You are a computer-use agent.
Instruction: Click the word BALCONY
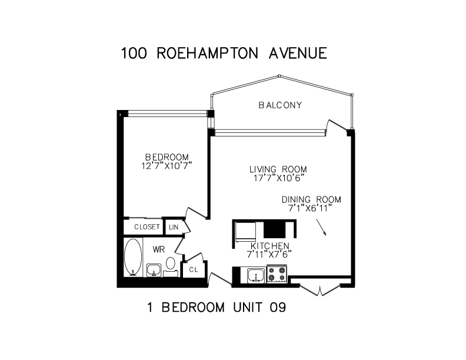click(280, 105)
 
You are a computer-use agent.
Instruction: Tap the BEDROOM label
click(167, 157)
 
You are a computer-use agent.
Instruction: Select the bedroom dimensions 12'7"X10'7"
click(167, 165)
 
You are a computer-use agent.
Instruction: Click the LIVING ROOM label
click(278, 169)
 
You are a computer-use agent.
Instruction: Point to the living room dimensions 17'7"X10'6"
click(278, 178)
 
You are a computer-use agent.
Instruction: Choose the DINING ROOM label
click(311, 199)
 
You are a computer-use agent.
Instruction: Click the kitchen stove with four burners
click(277, 274)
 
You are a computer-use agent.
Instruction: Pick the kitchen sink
click(255, 275)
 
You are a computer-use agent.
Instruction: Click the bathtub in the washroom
click(134, 257)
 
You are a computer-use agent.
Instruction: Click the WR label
click(158, 249)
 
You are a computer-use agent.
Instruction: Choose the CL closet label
click(192, 270)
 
